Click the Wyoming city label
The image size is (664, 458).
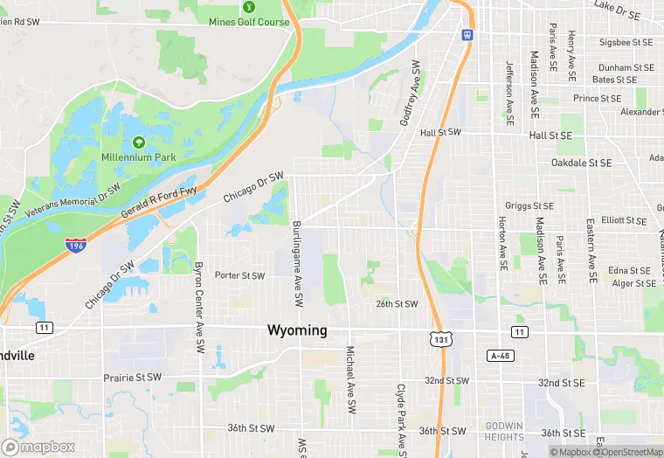[x=297, y=330]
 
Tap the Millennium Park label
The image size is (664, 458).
[x=138, y=157]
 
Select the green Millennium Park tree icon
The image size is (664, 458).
[x=138, y=142]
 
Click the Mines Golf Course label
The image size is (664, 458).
[x=249, y=22]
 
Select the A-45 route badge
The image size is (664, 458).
[x=499, y=356]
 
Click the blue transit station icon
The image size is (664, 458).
[x=467, y=35]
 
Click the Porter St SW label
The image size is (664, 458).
[x=239, y=275]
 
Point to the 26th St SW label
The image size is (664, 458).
[x=397, y=304]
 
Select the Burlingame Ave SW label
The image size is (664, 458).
[x=298, y=263]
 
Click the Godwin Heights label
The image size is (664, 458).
[x=503, y=432]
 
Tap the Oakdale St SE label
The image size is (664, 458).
[x=581, y=163]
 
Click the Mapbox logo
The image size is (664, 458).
[x=38, y=447]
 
